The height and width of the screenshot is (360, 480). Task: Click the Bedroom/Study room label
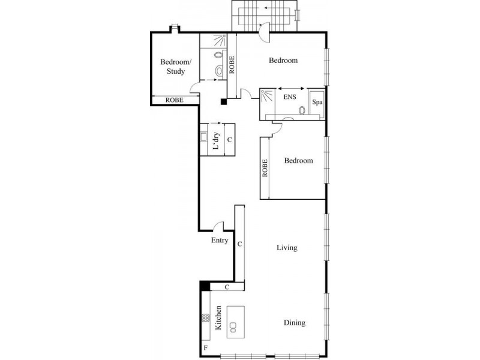coord(176,67)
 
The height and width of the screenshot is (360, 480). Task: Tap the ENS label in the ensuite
coord(290,97)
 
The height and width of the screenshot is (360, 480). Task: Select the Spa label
coord(317,102)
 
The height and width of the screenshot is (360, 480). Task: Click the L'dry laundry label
coord(216,141)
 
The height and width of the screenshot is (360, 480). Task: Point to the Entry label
coord(220,241)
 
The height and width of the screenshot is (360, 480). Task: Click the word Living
coord(287,248)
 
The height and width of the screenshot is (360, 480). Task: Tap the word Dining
coord(295,323)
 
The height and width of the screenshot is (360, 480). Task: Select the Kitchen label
coord(218,318)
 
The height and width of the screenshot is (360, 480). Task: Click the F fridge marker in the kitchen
coord(206,348)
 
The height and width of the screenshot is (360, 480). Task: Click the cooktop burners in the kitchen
coord(206,318)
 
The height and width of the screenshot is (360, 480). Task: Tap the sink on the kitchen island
coord(233,327)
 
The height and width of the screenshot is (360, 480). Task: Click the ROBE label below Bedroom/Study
coord(175,100)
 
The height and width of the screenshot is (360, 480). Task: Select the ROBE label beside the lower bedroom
coord(265,168)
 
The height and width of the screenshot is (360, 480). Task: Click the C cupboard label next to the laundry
coord(230,140)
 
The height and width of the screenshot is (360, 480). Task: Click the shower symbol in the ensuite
coord(267,95)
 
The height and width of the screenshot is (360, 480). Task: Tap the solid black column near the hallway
coord(224,102)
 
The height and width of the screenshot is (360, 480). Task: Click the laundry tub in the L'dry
coord(203,137)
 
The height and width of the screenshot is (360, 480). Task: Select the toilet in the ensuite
coord(302,110)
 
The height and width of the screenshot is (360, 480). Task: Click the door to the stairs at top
coord(264,32)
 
